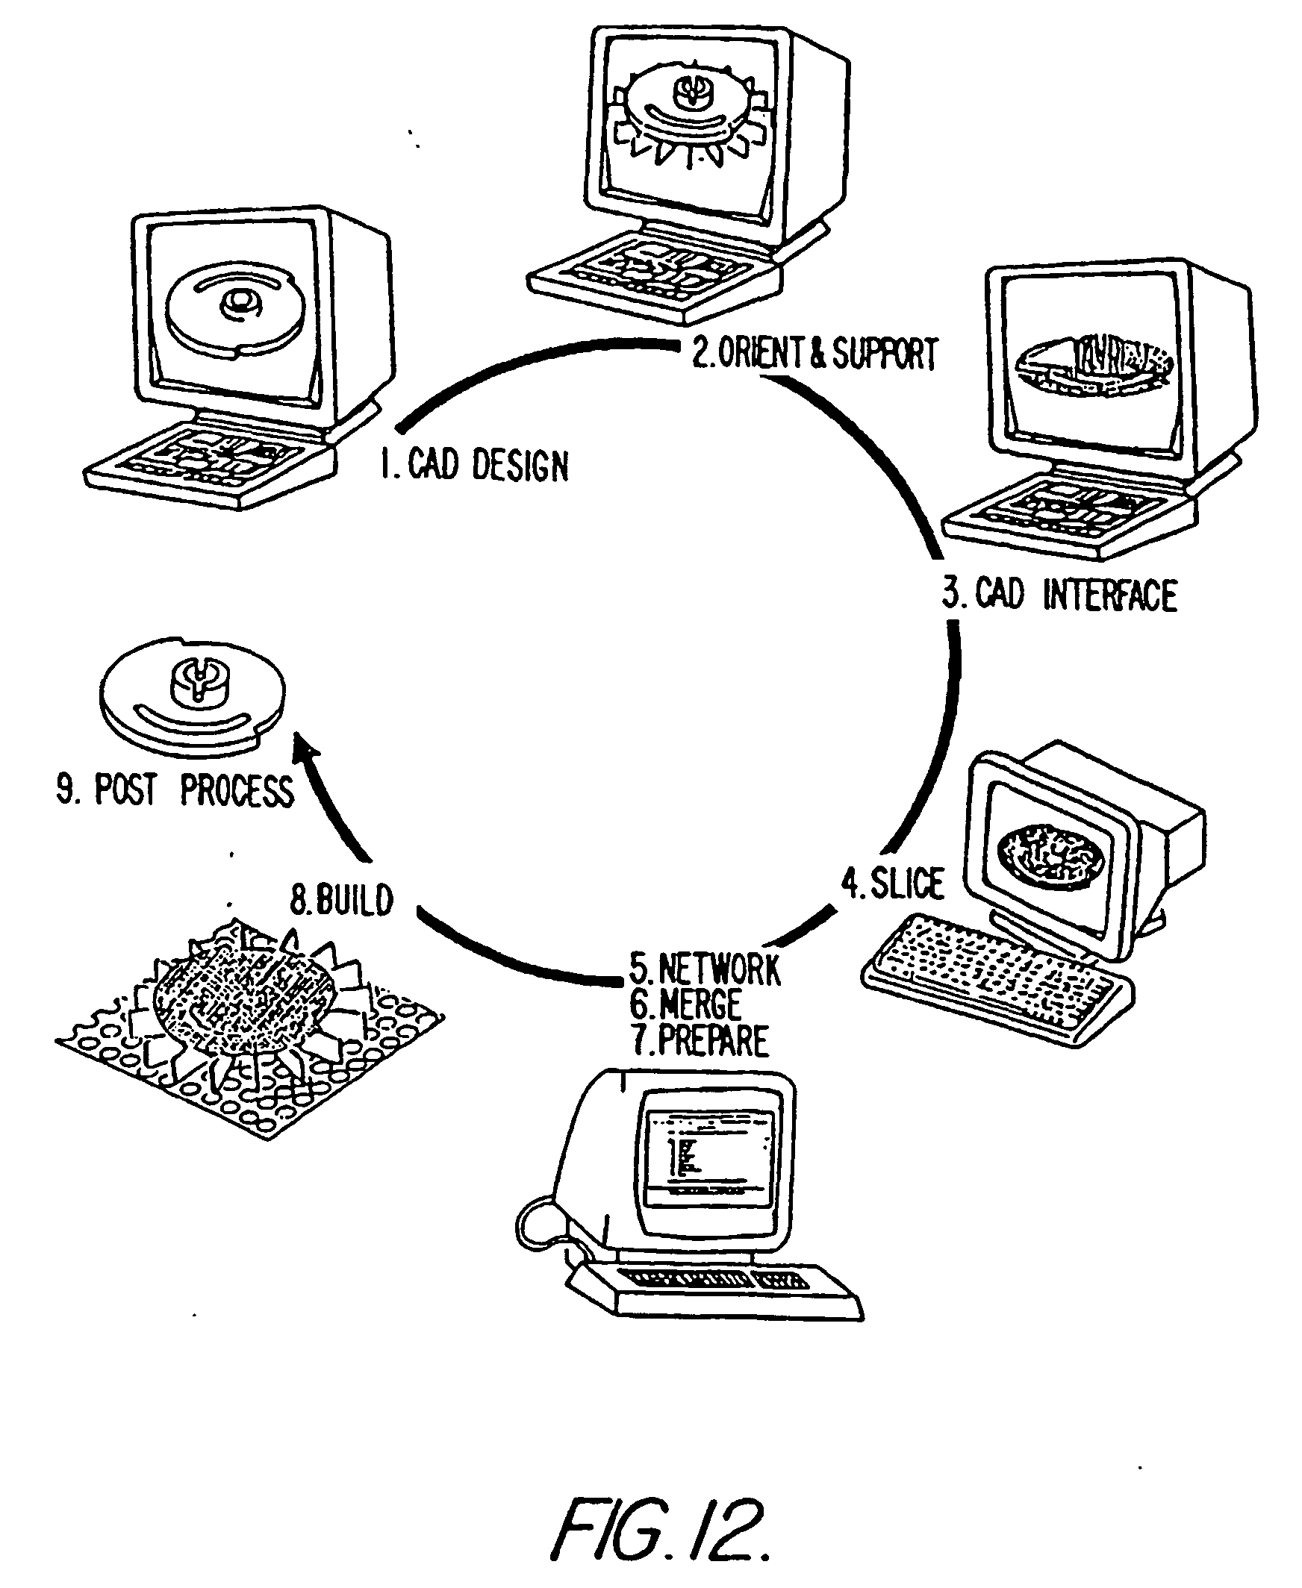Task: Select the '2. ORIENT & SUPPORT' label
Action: (814, 354)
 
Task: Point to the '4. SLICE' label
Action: (892, 884)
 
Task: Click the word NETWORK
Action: (718, 969)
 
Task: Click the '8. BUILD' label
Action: (342, 900)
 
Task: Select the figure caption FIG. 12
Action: (660, 1530)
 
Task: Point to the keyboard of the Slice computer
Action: (997, 975)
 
